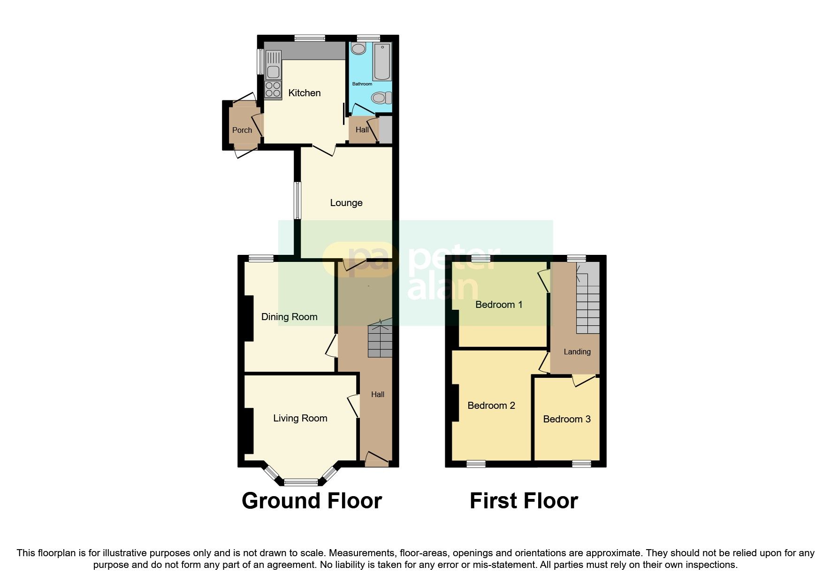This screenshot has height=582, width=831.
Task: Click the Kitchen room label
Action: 304,93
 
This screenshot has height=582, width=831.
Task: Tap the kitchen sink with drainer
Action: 273,65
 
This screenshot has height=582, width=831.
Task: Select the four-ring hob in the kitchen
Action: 273,89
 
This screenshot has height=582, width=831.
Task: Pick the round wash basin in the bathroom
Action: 359,49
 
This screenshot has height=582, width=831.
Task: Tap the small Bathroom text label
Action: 362,84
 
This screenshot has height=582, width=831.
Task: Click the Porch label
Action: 242,130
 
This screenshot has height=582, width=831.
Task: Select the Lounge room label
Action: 346,203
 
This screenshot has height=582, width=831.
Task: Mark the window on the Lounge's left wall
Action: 297,200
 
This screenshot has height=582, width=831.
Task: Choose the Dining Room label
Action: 289,317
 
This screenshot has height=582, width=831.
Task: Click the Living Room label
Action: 300,418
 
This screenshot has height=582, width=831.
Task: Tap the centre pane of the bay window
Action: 301,482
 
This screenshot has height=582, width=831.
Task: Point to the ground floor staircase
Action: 380,340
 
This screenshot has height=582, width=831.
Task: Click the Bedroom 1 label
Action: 499,305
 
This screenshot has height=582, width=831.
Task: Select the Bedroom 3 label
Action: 567,419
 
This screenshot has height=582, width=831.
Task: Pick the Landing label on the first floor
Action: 577,352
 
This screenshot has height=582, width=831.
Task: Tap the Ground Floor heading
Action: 312,501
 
